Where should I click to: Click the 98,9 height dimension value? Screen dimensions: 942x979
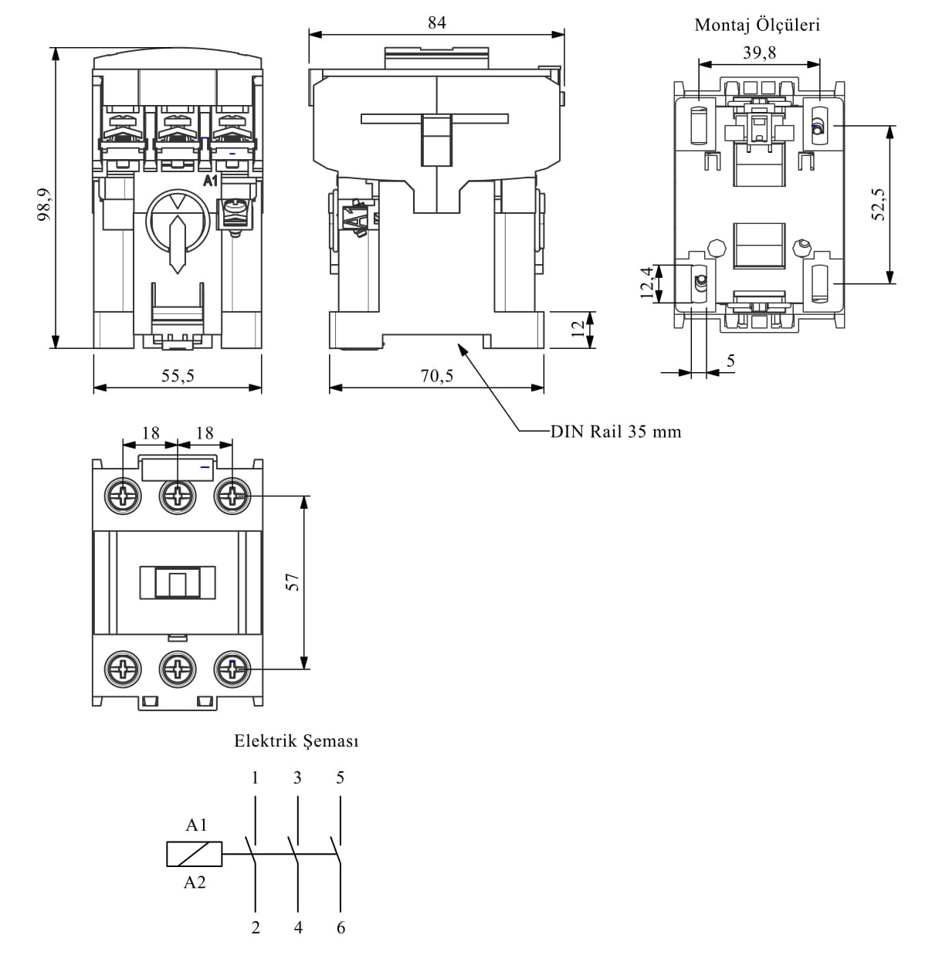click(44, 205)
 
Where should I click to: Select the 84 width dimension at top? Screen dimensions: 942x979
click(437, 22)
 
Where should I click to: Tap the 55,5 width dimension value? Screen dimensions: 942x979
click(178, 376)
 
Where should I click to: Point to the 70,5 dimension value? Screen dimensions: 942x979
click(437, 376)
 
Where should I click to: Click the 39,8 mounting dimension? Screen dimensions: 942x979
click(759, 53)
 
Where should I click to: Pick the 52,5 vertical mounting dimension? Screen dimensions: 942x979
click(879, 205)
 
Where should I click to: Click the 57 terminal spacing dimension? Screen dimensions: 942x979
click(293, 582)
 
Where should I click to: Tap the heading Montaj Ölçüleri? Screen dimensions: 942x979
click(757, 25)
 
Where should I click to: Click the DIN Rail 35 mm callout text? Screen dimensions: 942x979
click(616, 432)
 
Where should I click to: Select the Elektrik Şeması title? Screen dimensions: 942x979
click(296, 741)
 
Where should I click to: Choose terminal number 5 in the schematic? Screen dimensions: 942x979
click(341, 777)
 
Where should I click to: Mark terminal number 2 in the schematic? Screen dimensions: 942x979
click(256, 928)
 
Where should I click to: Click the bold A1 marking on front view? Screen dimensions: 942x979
click(210, 181)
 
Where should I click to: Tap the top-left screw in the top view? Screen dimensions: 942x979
click(123, 496)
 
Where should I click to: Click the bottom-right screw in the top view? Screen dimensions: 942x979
click(232, 669)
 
